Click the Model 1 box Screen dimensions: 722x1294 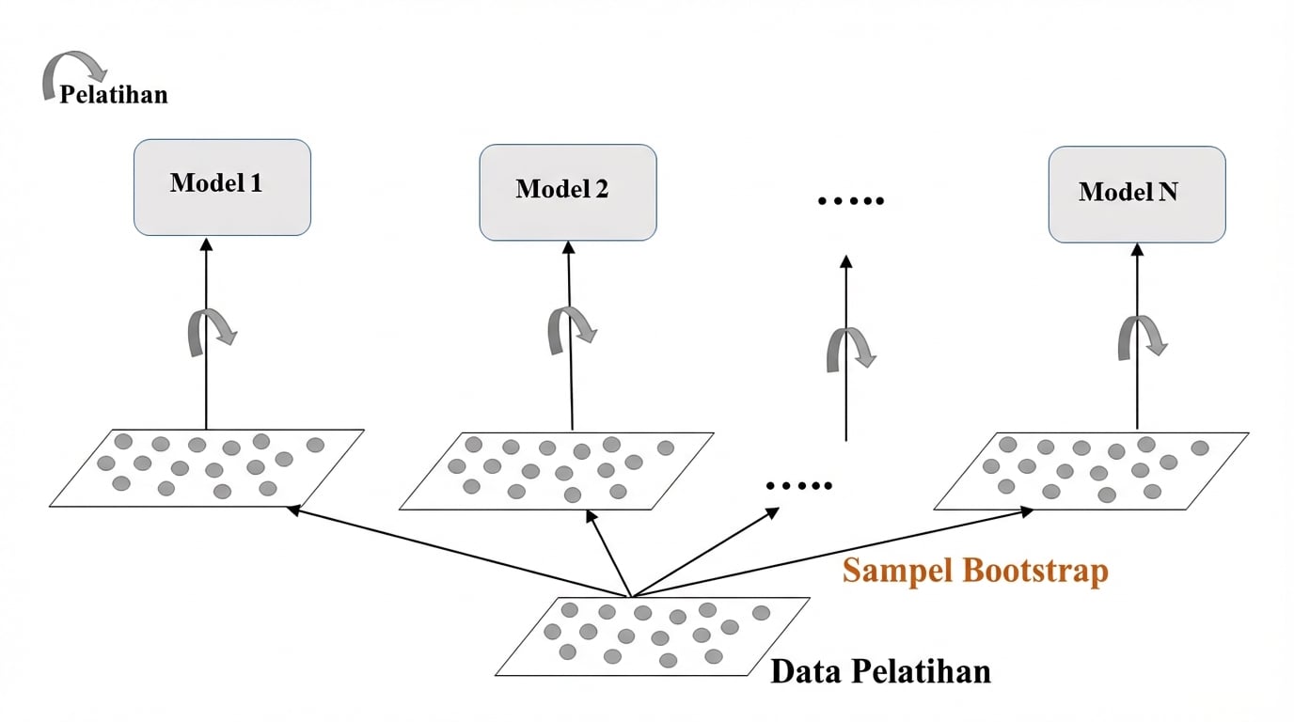coord(222,187)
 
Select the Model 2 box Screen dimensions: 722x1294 coord(567,192)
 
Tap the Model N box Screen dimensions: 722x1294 coord(1136,194)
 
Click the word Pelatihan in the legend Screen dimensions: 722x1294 coord(114,95)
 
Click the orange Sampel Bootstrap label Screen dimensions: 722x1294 coord(975,571)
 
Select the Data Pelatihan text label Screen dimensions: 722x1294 coord(880,672)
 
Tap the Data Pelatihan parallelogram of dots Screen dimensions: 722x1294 coord(653,636)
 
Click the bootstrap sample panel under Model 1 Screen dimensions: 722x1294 coord(207,468)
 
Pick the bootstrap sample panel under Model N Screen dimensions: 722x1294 coord(1091,471)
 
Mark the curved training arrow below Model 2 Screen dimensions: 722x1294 coord(571,330)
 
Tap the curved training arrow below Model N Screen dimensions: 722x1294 coord(1141,336)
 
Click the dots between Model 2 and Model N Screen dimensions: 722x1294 coord(850,201)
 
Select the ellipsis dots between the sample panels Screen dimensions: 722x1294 coord(798,486)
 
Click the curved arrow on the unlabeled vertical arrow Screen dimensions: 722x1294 coord(850,350)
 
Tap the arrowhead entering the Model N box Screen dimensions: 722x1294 coord(1137,250)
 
